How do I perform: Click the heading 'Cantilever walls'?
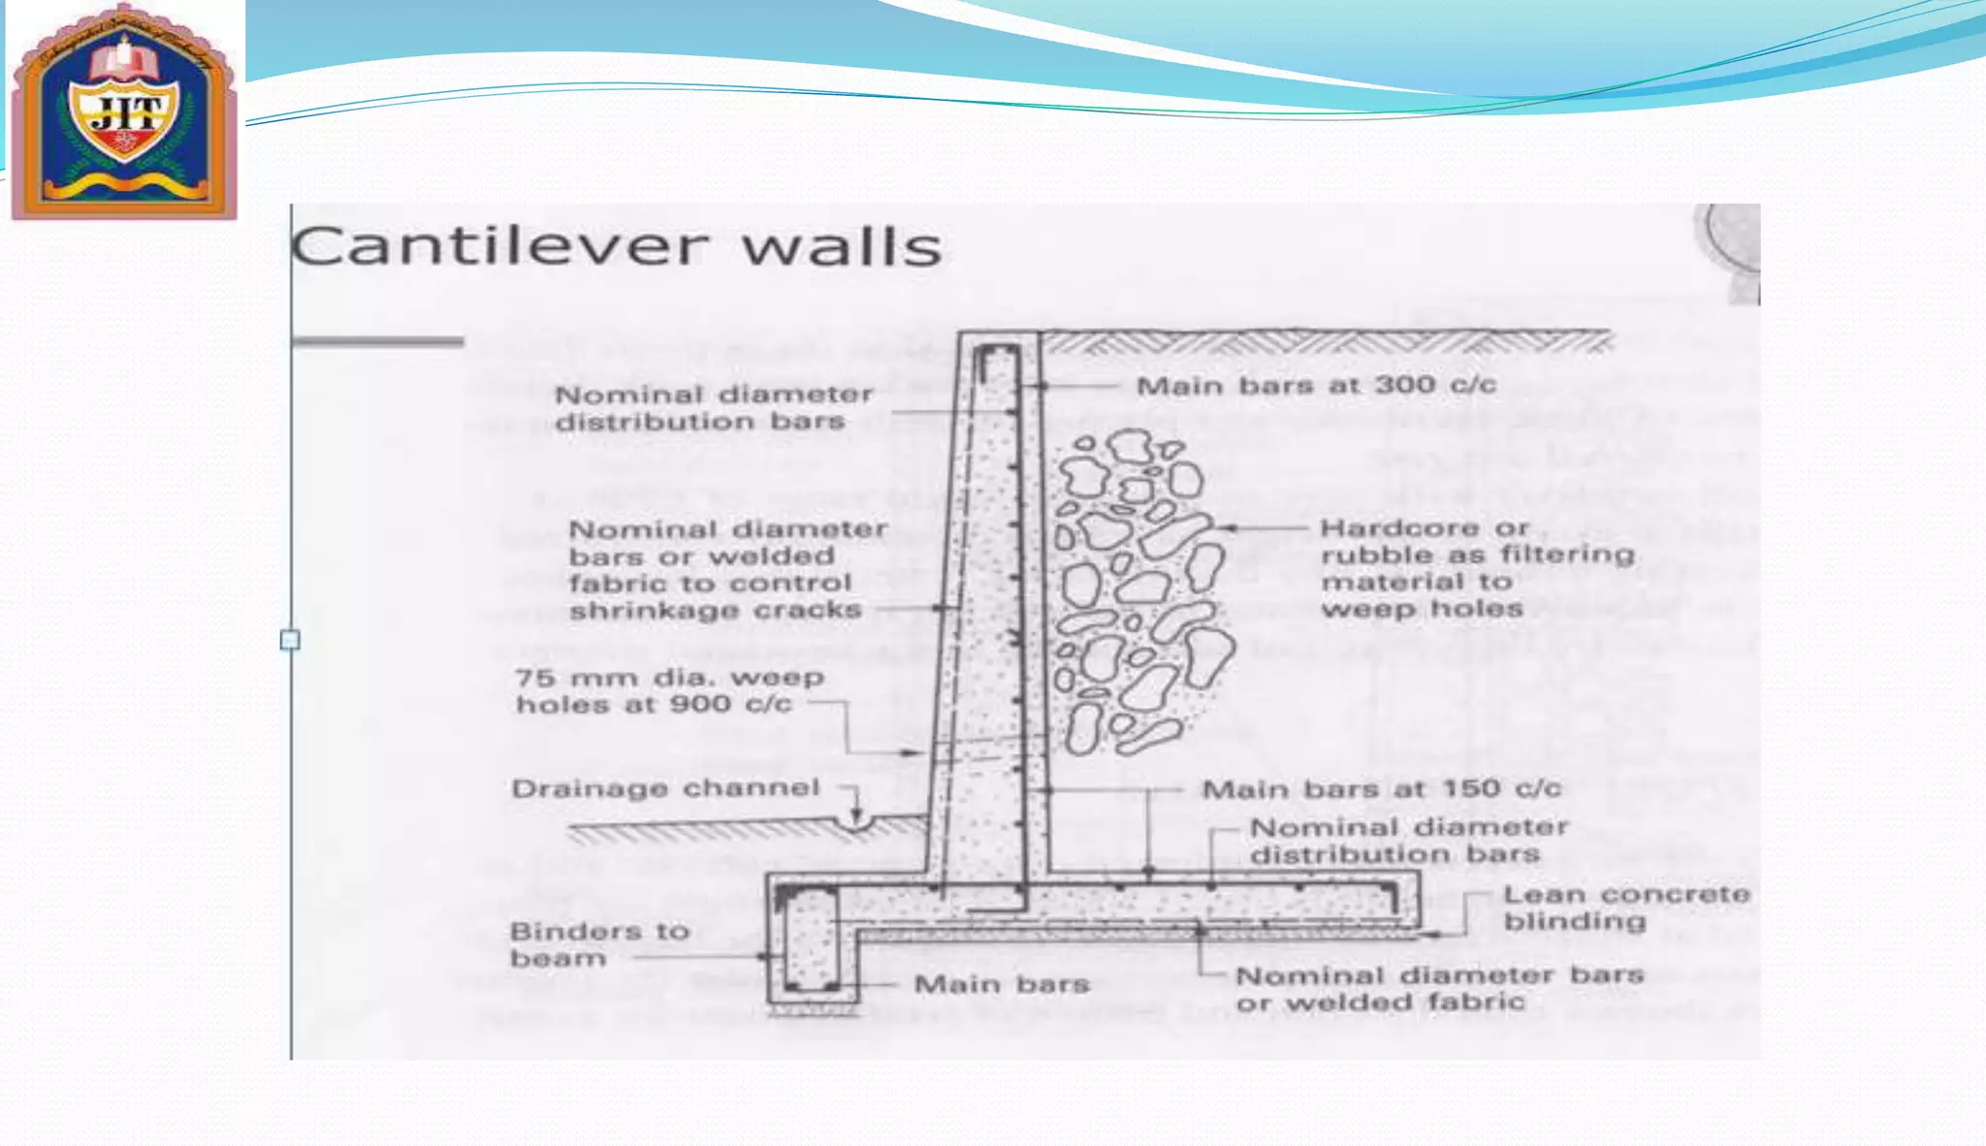click(x=617, y=246)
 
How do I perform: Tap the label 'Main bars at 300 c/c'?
click(x=1316, y=386)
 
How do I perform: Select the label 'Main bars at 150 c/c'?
click(x=1382, y=789)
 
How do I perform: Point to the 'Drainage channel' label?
click(x=665, y=788)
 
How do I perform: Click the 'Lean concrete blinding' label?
click(x=1626, y=907)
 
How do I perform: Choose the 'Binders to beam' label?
click(x=599, y=944)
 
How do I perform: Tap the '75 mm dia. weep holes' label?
click(x=669, y=690)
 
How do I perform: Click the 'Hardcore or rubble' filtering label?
click(x=1477, y=568)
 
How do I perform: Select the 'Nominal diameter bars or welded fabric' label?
click(x=1439, y=988)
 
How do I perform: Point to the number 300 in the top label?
click(x=1405, y=386)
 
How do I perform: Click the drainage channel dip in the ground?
click(x=858, y=824)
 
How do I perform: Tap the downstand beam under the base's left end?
click(x=811, y=946)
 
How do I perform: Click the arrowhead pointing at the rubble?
click(x=1226, y=528)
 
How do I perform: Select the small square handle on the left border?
click(x=290, y=640)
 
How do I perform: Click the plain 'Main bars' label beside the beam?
click(x=1002, y=985)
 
